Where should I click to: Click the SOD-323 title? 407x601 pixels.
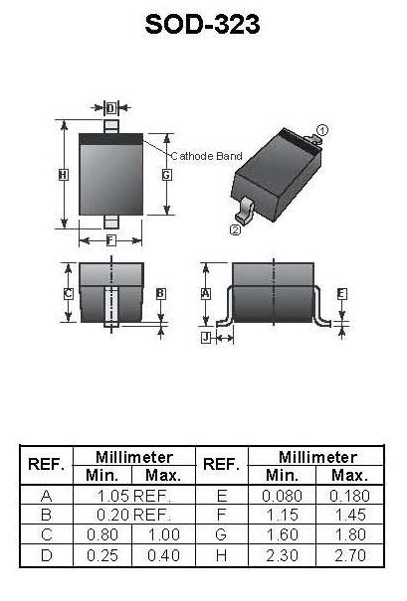click(x=202, y=24)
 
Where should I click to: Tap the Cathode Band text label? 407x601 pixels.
click(x=206, y=156)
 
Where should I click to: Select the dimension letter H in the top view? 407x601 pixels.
click(x=64, y=175)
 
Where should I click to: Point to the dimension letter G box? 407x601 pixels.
click(x=166, y=175)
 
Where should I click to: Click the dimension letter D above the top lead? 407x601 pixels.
click(x=111, y=108)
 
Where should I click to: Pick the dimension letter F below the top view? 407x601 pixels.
click(x=110, y=240)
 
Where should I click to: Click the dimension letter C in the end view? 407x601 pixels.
click(x=68, y=294)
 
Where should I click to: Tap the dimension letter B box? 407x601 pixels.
click(x=161, y=294)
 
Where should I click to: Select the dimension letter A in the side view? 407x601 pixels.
click(x=206, y=294)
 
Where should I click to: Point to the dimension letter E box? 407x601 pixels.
click(x=341, y=294)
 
